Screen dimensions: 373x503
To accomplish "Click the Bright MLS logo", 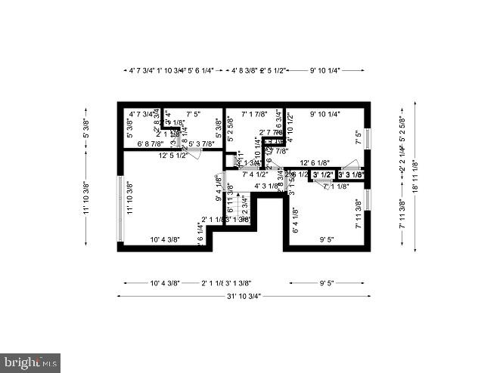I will point(31,362).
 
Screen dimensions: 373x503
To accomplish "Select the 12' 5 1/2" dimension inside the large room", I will point(172,156).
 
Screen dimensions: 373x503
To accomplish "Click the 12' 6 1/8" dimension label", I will point(315,162).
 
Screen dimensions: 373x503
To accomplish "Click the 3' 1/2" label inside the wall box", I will point(324,174).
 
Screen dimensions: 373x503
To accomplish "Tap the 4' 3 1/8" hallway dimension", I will point(266,185).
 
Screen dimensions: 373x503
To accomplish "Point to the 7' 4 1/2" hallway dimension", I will point(256,174).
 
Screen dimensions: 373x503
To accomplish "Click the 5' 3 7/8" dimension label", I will point(201,143).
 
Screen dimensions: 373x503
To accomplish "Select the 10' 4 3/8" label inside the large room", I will point(164,240).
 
